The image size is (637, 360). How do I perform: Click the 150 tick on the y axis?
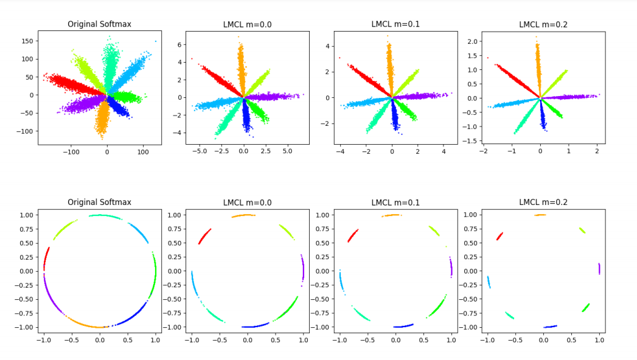(x=27, y=41)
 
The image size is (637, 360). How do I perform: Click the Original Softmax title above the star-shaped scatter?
(x=99, y=24)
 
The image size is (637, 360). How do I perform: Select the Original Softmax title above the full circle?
(x=99, y=202)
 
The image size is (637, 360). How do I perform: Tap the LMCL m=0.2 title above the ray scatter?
(x=543, y=24)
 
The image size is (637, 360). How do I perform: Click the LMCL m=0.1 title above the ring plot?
(x=395, y=202)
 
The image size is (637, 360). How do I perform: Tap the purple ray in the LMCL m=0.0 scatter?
(x=274, y=96)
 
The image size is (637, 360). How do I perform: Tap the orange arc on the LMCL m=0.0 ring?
(x=243, y=215)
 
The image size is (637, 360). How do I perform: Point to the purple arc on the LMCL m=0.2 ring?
(x=599, y=268)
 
